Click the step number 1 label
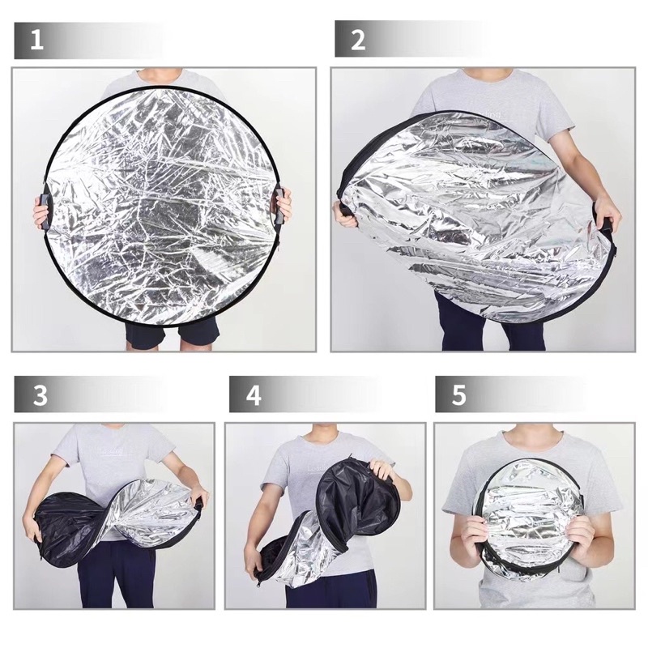(x=36, y=40)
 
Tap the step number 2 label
(x=358, y=40)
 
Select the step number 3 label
(x=40, y=394)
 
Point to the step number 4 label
(x=254, y=394)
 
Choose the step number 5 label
(x=459, y=394)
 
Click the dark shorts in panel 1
(x=173, y=334)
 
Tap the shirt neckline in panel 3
(x=114, y=432)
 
